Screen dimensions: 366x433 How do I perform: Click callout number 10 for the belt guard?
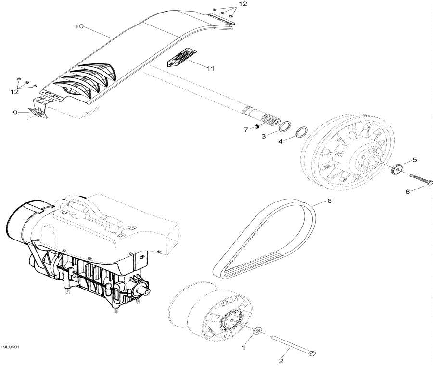click(x=79, y=27)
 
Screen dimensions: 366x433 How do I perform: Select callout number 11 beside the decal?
click(x=210, y=69)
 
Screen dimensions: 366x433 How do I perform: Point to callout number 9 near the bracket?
click(x=15, y=113)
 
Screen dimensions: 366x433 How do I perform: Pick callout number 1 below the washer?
click(x=243, y=347)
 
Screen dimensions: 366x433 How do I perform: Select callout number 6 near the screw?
click(x=408, y=191)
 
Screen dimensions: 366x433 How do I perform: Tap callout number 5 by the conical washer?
click(x=414, y=160)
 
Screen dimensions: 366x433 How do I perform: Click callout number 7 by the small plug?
click(x=245, y=129)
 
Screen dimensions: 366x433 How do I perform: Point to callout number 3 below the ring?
click(x=263, y=137)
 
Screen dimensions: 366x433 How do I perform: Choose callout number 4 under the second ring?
click(x=280, y=140)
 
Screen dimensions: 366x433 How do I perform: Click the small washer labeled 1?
click(x=258, y=330)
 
